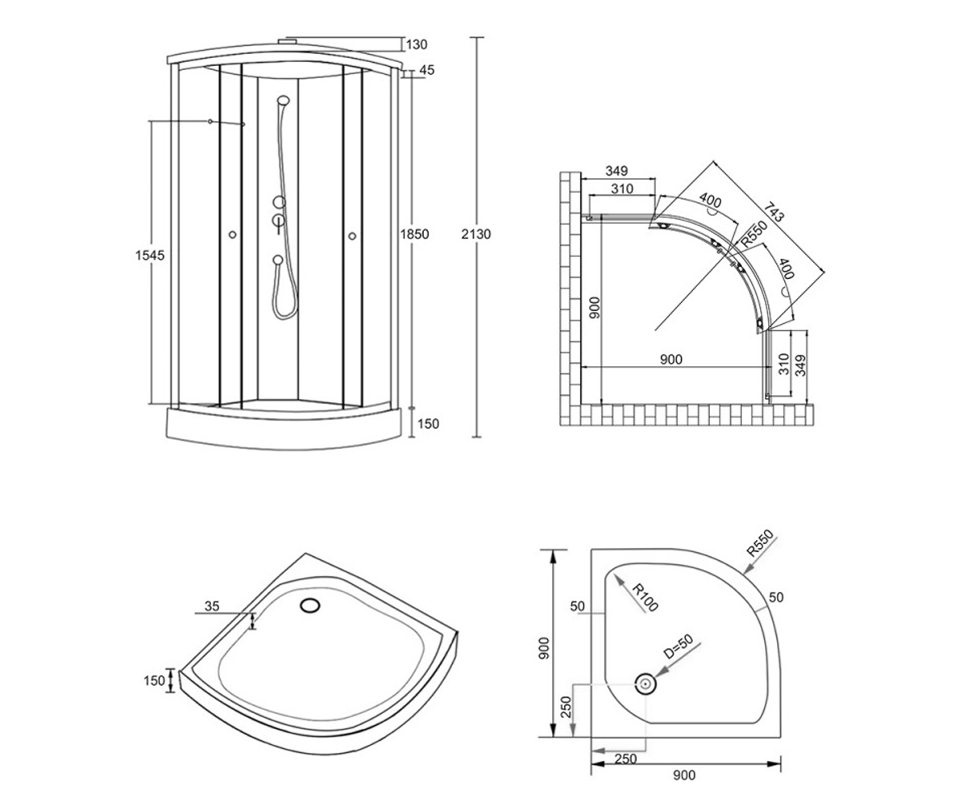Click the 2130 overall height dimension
coord(475,234)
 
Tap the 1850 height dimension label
coord(414,234)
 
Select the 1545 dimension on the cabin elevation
coord(150,256)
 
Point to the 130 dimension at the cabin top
coord(417,44)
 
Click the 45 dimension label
coord(427,70)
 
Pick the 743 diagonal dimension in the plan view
coord(774,212)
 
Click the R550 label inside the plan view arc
coord(754,234)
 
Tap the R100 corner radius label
coord(644,597)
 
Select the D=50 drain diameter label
coord(679,646)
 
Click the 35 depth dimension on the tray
coord(212,606)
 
